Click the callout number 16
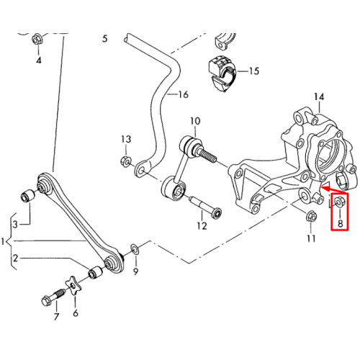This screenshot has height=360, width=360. [184, 95]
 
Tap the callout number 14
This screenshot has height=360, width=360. [319, 96]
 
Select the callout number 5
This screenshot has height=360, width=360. [105, 39]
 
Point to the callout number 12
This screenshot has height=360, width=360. [202, 225]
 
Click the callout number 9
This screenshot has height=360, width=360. [136, 271]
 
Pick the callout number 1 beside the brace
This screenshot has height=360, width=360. [3, 241]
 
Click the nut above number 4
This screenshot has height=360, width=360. [37, 39]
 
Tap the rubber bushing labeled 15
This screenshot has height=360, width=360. [222, 73]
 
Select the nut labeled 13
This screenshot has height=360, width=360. [125, 161]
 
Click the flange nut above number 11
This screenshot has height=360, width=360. [311, 217]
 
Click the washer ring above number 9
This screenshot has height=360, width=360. [135, 249]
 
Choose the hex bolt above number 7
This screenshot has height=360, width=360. [53, 297]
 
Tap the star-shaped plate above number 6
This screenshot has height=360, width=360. [73, 286]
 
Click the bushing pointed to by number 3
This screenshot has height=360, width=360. [28, 196]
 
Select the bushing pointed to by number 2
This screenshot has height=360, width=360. [95, 272]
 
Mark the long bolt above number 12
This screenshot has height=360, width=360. [206, 207]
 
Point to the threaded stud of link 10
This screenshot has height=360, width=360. [207, 156]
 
